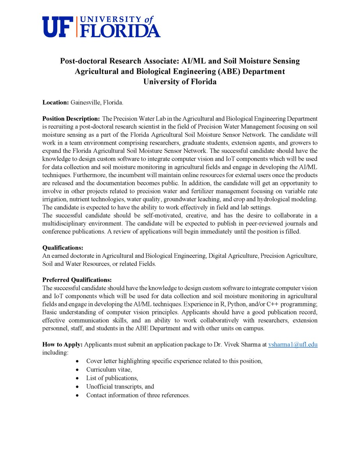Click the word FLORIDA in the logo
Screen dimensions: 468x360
(121, 30)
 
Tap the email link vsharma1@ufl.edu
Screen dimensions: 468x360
(293, 345)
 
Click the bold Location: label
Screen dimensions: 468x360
(55, 102)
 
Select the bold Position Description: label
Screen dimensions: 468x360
(71, 119)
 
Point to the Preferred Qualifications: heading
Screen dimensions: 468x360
(77, 280)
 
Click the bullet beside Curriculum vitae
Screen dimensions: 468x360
(78, 370)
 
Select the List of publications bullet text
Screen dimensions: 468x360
(112, 378)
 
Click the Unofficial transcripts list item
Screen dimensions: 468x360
(120, 387)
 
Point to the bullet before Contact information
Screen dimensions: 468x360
(78, 395)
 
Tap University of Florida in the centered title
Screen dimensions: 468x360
(180, 82)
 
